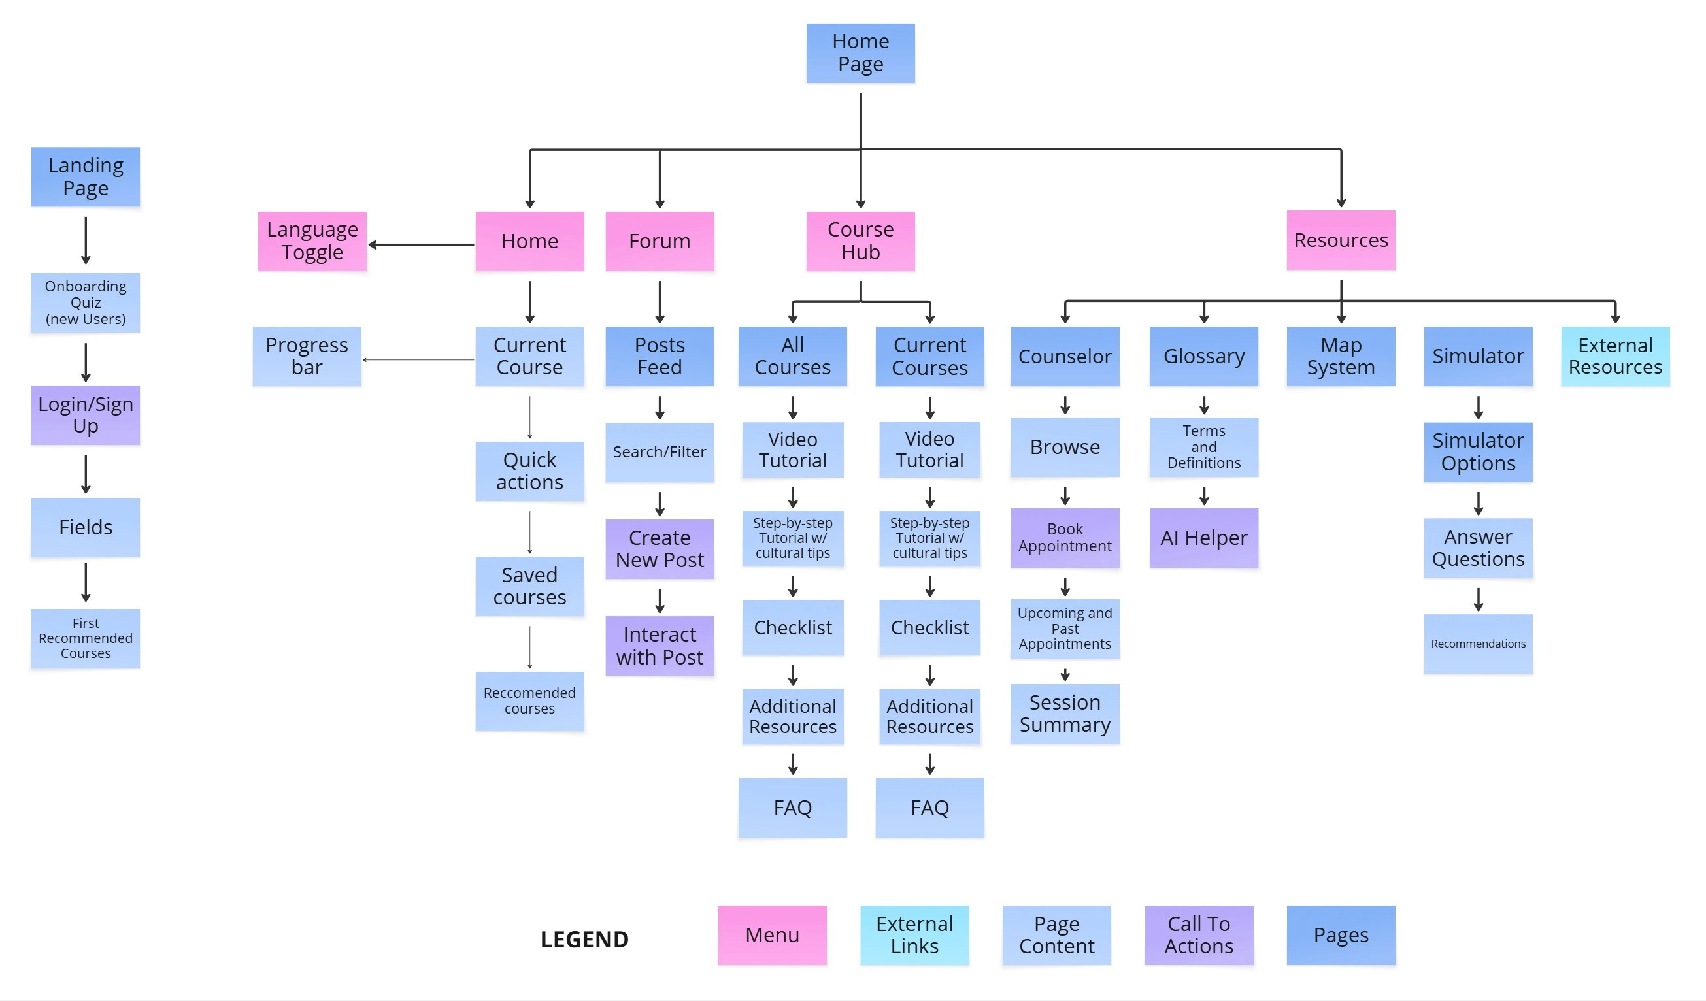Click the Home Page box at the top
(x=860, y=53)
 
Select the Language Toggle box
(x=312, y=241)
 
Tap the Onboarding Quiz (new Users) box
(x=85, y=303)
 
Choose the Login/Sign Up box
(x=85, y=415)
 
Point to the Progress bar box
(x=307, y=356)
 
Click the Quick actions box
(x=529, y=471)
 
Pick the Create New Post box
(x=660, y=549)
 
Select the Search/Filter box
(x=660, y=452)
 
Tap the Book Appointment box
(x=1064, y=537)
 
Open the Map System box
(x=1341, y=356)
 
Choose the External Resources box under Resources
(x=1614, y=356)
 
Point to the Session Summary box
(x=1064, y=714)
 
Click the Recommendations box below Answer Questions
(x=1478, y=643)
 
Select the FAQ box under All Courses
(x=792, y=808)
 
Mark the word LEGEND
(x=584, y=939)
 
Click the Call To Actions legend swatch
(x=1198, y=934)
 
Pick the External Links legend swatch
(x=914, y=934)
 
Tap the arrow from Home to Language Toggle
(x=421, y=244)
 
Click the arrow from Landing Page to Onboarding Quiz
(x=85, y=240)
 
